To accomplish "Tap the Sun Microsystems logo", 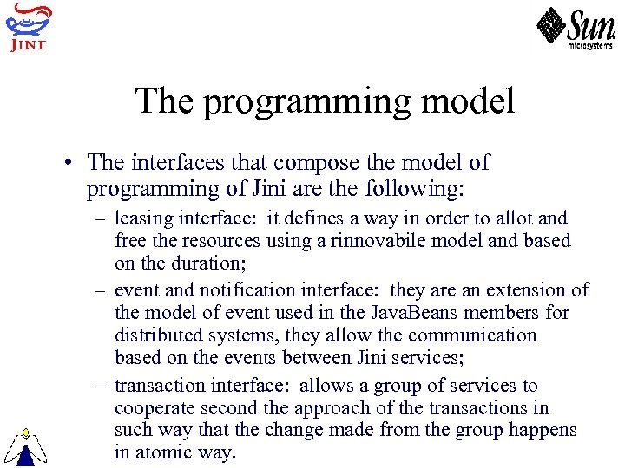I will point(575,29).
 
